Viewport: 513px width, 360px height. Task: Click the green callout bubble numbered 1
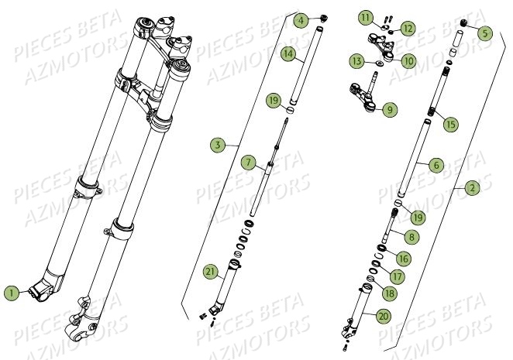click(11, 293)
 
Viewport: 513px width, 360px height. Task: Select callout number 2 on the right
click(473, 188)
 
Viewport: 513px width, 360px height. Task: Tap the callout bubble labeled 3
click(219, 145)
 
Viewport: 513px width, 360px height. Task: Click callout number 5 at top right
click(485, 33)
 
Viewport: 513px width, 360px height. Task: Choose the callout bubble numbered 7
click(248, 163)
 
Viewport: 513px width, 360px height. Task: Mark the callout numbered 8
click(409, 238)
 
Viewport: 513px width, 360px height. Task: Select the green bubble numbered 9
click(389, 111)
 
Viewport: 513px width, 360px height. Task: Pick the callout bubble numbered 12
click(408, 28)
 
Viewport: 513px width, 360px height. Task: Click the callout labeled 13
click(356, 60)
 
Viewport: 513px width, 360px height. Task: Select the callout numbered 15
click(452, 123)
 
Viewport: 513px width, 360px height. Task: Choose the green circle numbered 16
click(404, 259)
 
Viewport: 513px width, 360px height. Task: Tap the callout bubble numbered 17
click(397, 276)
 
